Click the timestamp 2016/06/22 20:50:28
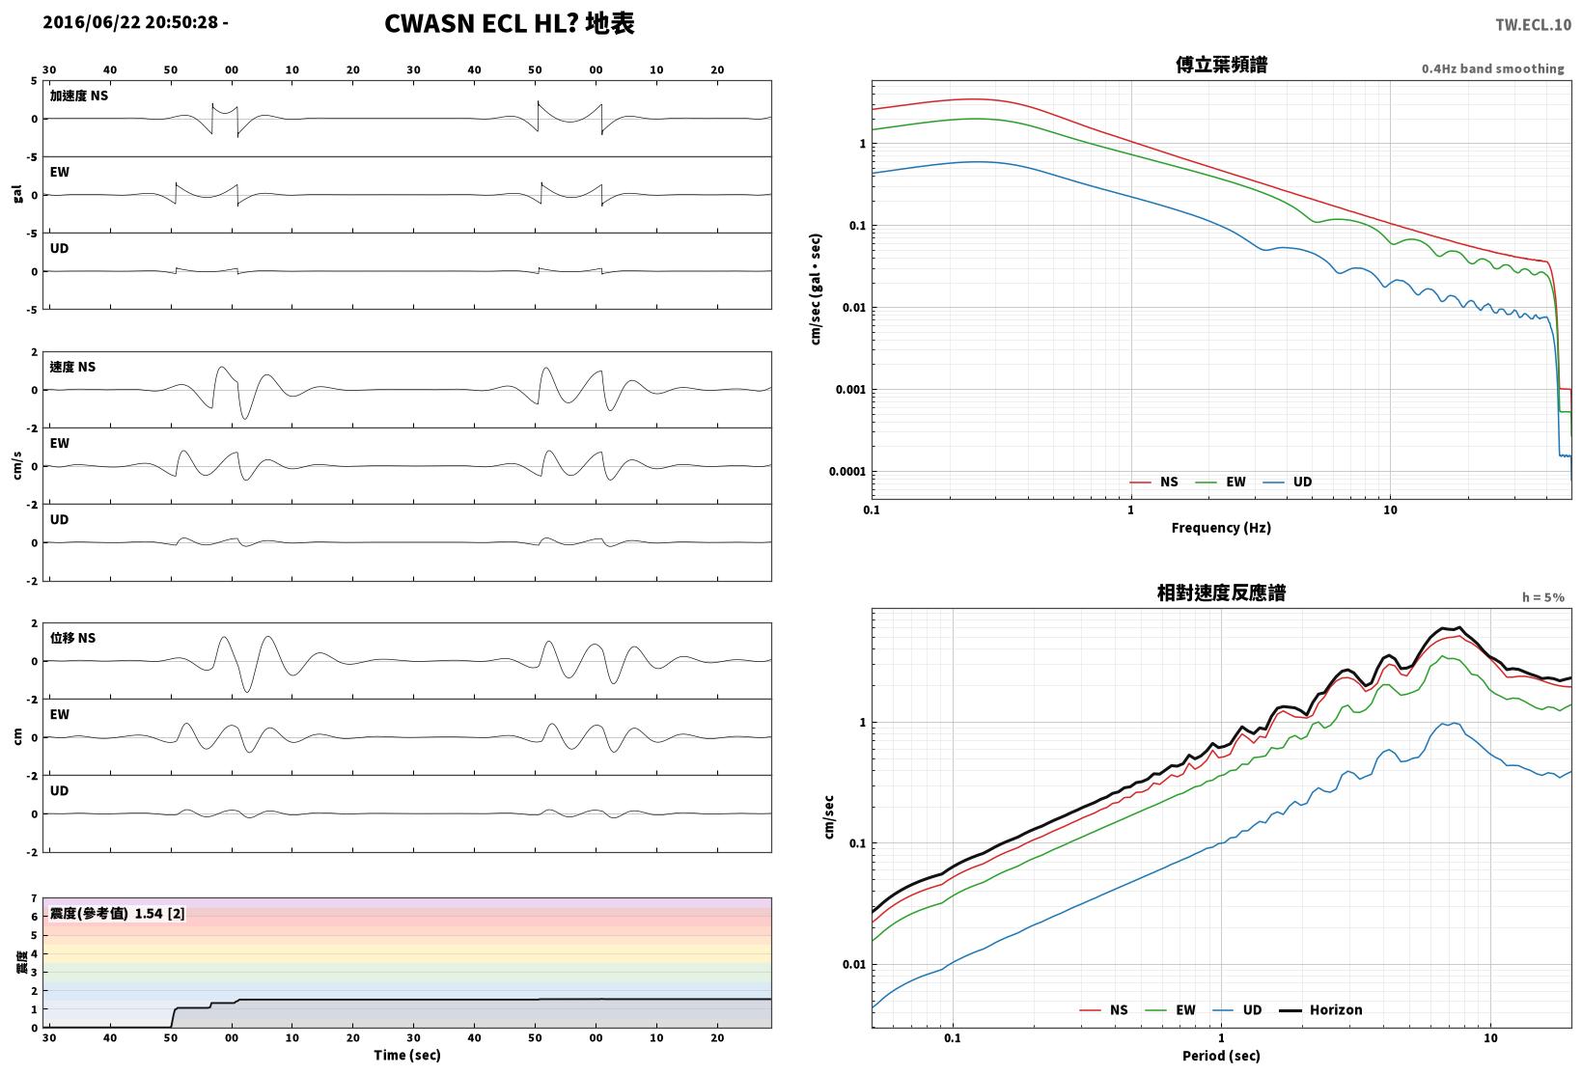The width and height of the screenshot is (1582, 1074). [130, 22]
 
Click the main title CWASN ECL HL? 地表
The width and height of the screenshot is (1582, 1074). [510, 23]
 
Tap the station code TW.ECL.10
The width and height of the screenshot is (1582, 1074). [1534, 25]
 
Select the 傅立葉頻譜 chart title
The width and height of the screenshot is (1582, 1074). [1221, 65]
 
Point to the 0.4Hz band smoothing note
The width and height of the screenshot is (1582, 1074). [1493, 69]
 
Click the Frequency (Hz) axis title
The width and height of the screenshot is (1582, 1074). [1221, 528]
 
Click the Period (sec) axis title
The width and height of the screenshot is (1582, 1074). [1221, 1056]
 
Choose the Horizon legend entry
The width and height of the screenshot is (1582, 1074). [1336, 1009]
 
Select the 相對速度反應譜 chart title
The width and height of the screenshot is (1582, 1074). [1221, 593]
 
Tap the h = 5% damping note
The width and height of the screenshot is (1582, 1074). [1543, 597]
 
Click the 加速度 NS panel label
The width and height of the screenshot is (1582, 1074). [79, 96]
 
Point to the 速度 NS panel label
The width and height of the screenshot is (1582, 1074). [72, 368]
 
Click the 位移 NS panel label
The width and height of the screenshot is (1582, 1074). [72, 639]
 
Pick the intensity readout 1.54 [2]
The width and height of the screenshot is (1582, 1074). [159, 914]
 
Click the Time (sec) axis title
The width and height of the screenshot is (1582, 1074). [407, 1056]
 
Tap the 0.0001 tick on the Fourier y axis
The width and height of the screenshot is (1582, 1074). [847, 472]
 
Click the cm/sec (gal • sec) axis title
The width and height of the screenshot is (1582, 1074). [816, 289]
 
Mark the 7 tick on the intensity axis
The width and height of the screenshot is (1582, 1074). [34, 899]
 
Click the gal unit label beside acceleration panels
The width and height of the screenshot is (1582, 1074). [17, 194]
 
